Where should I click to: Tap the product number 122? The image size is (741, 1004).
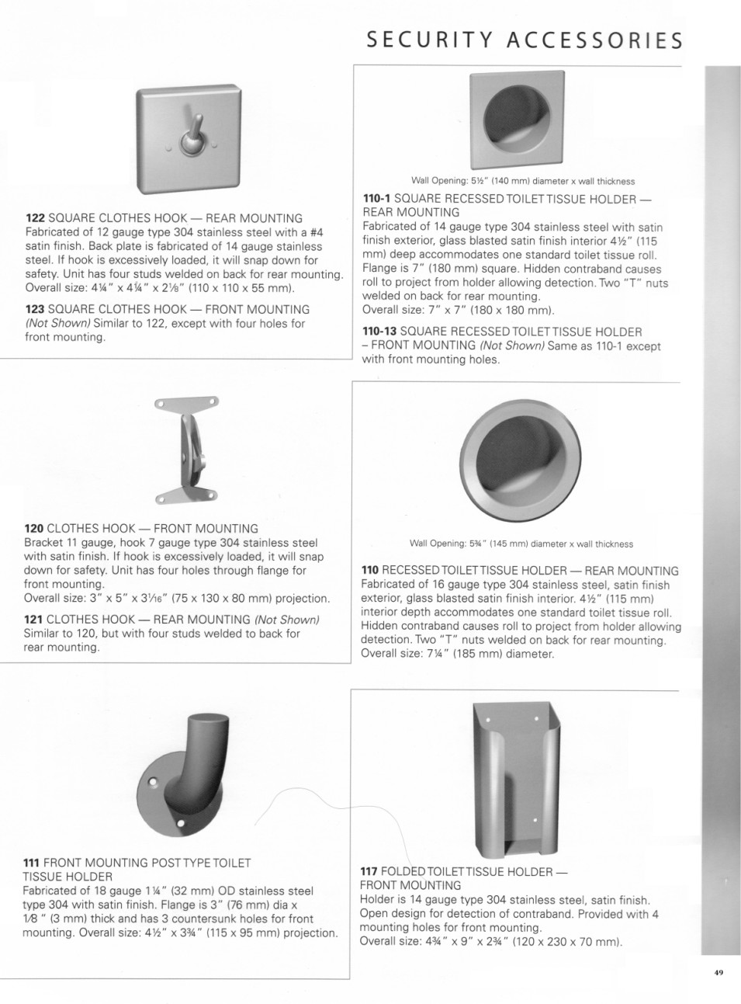[36, 218]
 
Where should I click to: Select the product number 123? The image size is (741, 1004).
[36, 309]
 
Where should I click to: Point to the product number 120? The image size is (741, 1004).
[34, 529]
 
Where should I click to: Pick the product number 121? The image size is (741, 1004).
[34, 620]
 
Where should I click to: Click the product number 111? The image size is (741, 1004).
[32, 863]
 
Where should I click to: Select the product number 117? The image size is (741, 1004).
[369, 871]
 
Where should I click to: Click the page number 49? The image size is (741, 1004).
[718, 971]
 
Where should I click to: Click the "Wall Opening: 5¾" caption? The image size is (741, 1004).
[521, 544]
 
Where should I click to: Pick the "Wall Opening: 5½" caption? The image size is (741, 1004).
[522, 181]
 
